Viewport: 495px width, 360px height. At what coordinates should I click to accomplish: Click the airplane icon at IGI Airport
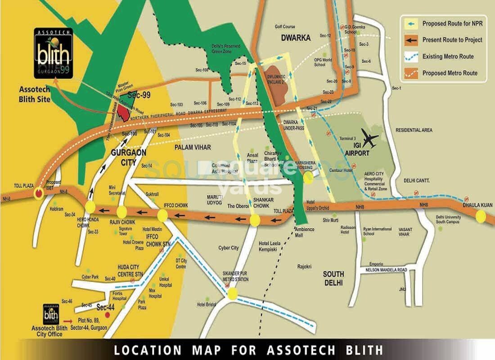point(369,139)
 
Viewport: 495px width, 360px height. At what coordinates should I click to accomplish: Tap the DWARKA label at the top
point(296,38)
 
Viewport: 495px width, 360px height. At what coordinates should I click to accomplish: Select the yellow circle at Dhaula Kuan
point(481,216)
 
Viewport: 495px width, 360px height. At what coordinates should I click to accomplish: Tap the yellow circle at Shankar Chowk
point(255,220)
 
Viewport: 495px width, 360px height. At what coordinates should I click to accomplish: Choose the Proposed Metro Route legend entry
point(444,73)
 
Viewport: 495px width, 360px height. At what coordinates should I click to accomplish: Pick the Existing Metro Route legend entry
point(444,57)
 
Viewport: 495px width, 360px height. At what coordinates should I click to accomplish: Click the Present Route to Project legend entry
point(444,40)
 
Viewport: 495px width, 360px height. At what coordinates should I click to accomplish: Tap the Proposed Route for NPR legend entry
point(444,23)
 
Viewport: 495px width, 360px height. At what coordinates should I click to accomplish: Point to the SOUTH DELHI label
point(333,278)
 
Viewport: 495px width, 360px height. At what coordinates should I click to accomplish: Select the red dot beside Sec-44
point(107,315)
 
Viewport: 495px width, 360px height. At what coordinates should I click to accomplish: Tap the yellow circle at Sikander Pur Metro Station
point(232,294)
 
